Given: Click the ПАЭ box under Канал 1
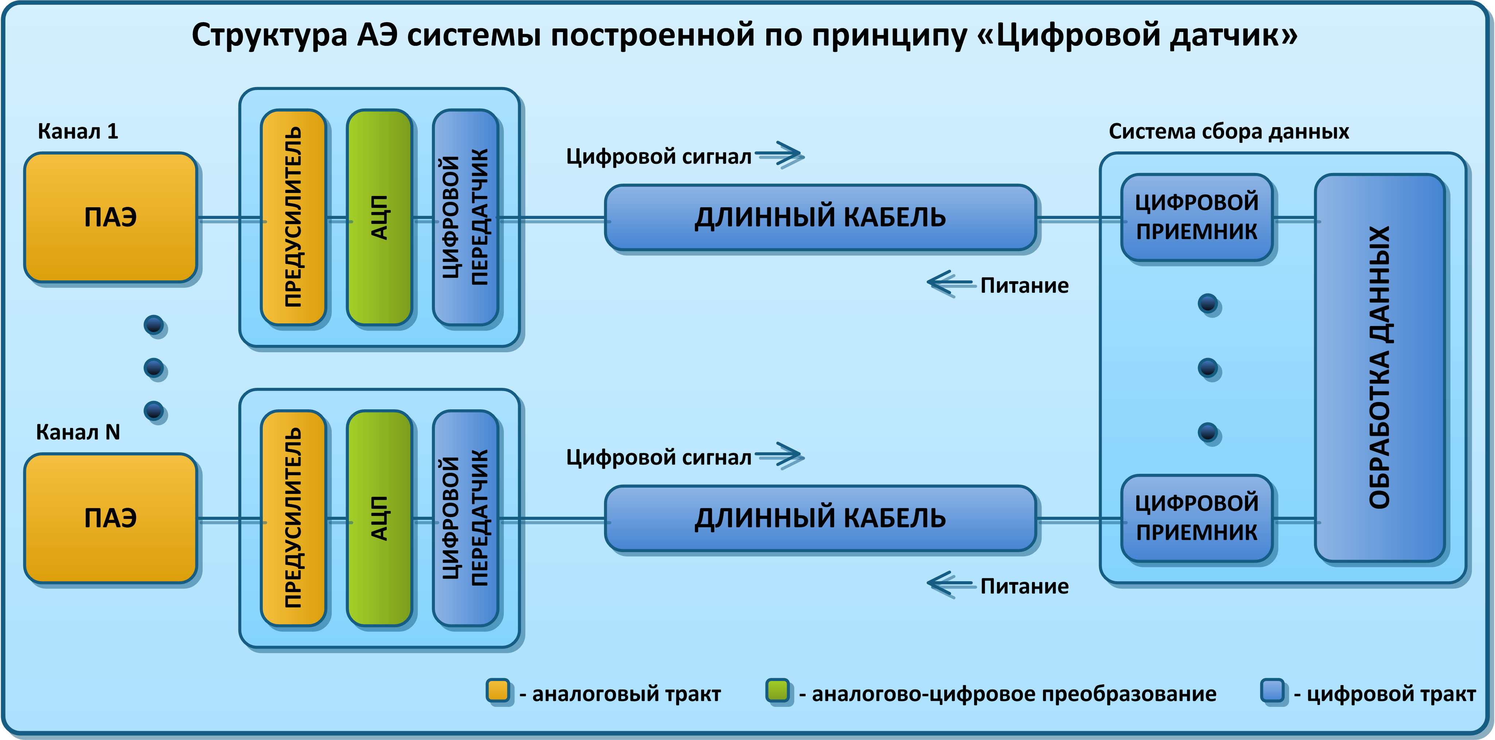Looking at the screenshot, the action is (x=110, y=217).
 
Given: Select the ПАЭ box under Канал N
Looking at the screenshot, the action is (x=110, y=518).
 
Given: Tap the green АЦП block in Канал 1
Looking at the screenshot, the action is (x=379, y=217).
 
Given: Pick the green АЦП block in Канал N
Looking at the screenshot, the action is (x=379, y=518).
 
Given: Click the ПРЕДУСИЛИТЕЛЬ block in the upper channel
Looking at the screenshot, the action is (x=293, y=217).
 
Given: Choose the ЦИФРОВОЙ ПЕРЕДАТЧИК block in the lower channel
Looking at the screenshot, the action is (x=466, y=518).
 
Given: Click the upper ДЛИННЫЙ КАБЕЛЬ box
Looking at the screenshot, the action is (x=820, y=217).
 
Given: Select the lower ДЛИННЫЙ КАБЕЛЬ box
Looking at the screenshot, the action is (x=820, y=518).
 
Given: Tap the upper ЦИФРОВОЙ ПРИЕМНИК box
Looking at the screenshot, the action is (x=1197, y=217).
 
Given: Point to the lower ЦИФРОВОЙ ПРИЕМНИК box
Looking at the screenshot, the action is (x=1197, y=518).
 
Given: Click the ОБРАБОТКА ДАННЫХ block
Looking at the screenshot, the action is (x=1379, y=368).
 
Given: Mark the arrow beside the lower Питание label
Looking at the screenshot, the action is (x=950, y=584).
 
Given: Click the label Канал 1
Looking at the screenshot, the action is (x=78, y=131).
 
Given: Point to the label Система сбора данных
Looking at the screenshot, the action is (x=1229, y=131).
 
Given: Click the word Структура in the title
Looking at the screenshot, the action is (x=269, y=36).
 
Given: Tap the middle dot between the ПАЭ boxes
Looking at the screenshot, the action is (x=154, y=367).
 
